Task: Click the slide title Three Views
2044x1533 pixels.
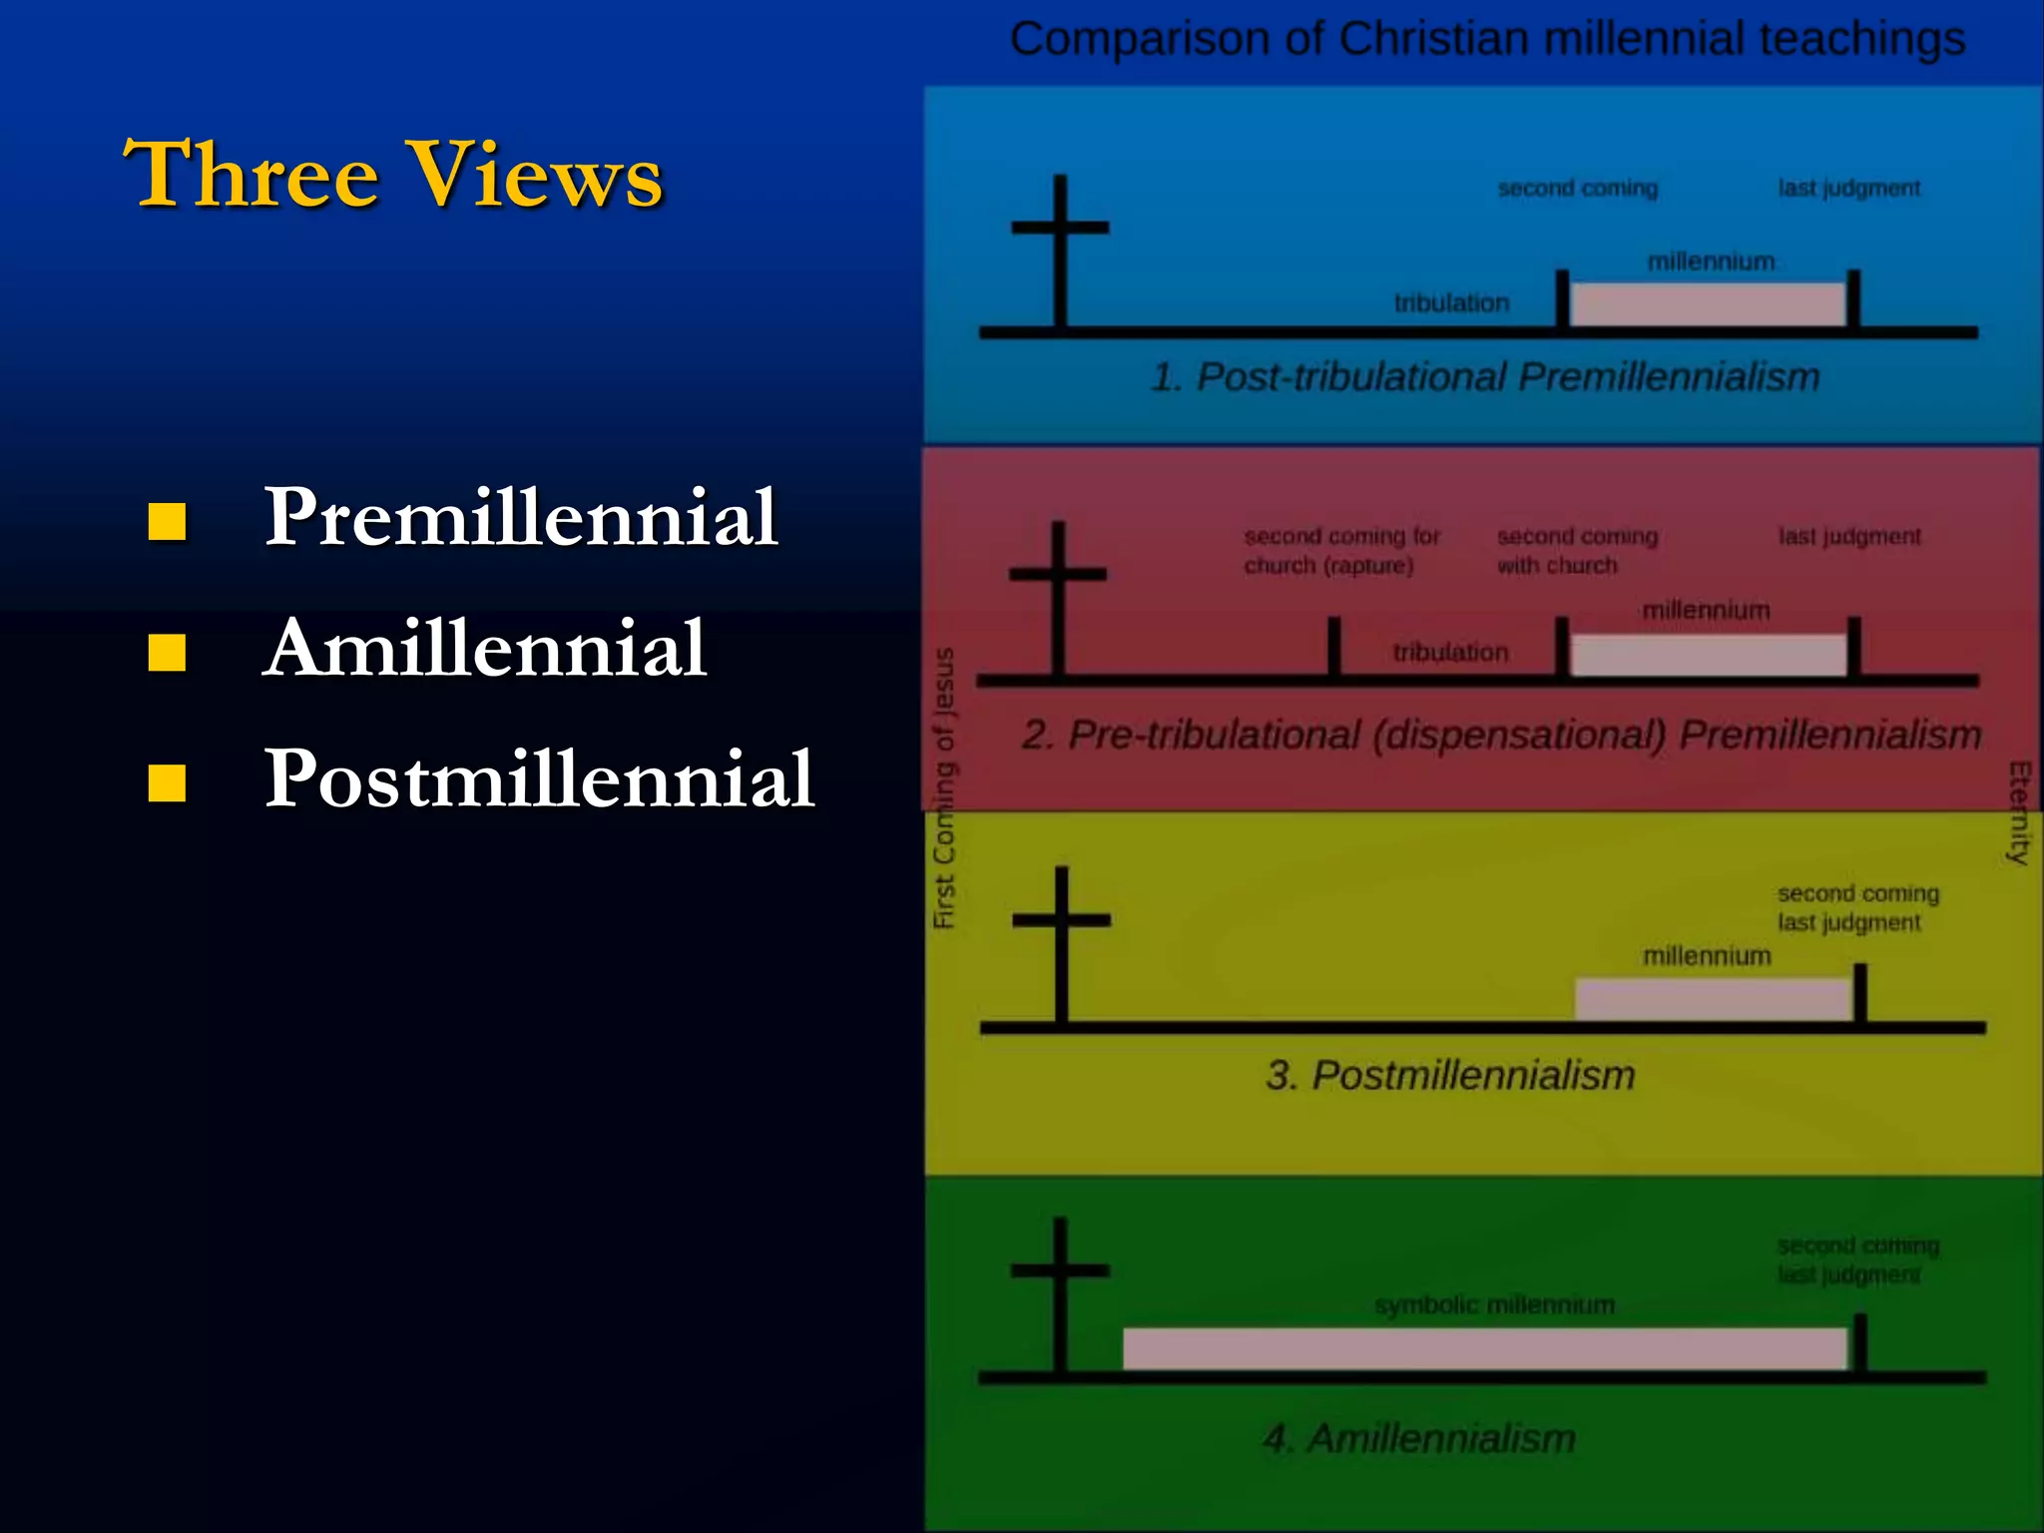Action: [392, 175]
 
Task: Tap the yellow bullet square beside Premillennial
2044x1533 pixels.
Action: [167, 521]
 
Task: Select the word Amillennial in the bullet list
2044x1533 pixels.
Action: [485, 649]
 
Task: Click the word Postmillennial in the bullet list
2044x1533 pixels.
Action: [539, 779]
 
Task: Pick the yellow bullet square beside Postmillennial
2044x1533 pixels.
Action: [167, 783]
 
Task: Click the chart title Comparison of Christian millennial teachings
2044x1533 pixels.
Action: [1486, 40]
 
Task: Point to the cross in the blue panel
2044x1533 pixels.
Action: [1060, 250]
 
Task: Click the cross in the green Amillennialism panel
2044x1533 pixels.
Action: [1060, 1292]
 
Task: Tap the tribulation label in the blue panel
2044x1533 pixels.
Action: [1451, 303]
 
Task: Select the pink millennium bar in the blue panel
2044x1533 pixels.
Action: [1708, 304]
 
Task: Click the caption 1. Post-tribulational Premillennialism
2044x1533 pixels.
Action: [1485, 377]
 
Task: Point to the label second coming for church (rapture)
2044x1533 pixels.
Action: [1340, 551]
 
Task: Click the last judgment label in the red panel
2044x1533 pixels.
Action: [1848, 537]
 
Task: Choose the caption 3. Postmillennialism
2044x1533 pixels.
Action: [1450, 1076]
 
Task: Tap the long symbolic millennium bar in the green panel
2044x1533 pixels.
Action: [1484, 1348]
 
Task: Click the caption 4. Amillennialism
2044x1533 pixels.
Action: [1419, 1439]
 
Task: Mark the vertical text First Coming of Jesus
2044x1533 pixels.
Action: [943, 788]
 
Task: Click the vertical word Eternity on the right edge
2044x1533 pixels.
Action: [2019, 812]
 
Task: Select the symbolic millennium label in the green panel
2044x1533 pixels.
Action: [1494, 1305]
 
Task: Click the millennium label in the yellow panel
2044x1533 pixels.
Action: [1707, 956]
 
